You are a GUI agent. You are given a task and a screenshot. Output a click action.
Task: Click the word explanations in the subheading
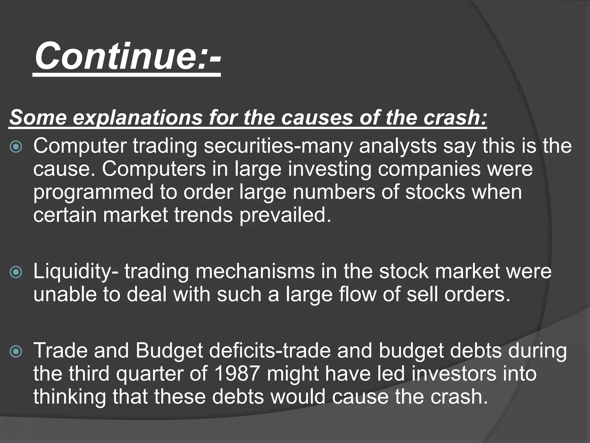point(138,118)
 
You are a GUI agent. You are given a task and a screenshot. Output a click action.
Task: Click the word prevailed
point(285,215)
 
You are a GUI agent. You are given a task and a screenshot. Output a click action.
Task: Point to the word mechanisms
point(255,272)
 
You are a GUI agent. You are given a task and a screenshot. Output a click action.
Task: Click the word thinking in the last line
point(70,397)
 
